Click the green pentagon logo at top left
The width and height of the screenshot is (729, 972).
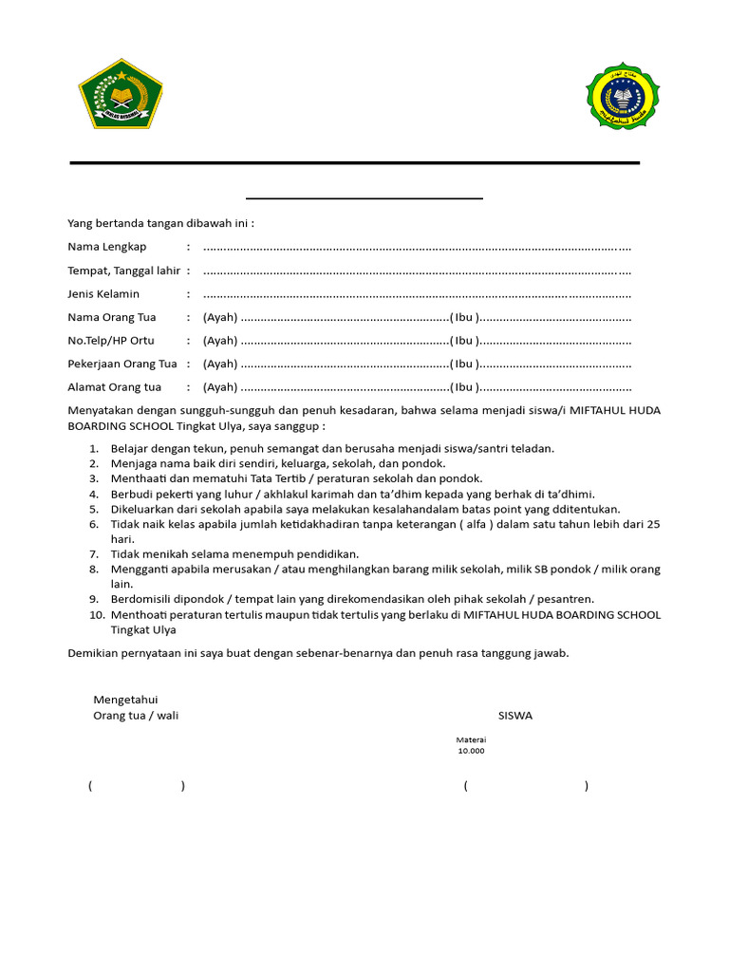click(x=121, y=94)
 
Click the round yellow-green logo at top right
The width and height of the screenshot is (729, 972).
click(x=623, y=96)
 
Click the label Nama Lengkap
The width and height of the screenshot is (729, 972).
click(x=106, y=247)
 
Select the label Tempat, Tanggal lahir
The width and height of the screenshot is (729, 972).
click(x=123, y=271)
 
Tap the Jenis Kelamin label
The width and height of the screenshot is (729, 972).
click(x=103, y=294)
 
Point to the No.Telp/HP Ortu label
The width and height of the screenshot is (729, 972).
click(x=110, y=341)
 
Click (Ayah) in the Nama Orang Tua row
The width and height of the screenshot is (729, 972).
click(x=220, y=317)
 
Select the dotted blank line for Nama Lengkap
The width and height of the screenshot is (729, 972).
click(x=418, y=248)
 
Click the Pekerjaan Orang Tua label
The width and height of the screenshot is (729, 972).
click(x=122, y=364)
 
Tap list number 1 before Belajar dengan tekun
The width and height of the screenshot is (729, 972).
click(x=94, y=448)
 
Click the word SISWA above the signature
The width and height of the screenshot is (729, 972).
click(x=515, y=716)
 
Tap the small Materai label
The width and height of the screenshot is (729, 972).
click(x=471, y=739)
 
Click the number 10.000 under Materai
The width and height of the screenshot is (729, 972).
click(x=471, y=751)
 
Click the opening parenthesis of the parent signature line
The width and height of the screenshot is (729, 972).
click(x=90, y=786)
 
